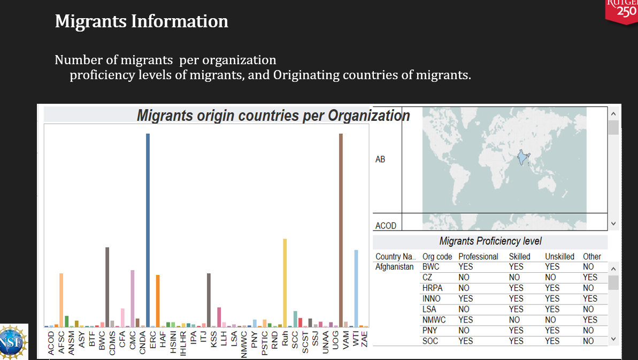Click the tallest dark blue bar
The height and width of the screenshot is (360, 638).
coord(148,230)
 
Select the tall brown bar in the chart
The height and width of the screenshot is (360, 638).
coord(341,230)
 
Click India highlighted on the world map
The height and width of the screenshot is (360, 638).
coord(522,158)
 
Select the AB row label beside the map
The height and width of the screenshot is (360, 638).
coord(380,159)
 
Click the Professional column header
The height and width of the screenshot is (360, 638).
coord(478,257)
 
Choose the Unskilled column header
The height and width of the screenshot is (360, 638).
coord(559,257)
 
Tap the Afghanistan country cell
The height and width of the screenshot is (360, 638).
coord(395,266)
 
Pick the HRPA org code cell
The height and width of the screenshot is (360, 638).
coord(432,288)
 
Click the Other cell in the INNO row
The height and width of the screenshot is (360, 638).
coord(590,298)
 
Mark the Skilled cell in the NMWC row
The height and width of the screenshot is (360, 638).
coord(514,320)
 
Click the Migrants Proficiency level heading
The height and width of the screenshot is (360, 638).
coord(490,241)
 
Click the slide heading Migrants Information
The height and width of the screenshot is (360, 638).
coord(142,21)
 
